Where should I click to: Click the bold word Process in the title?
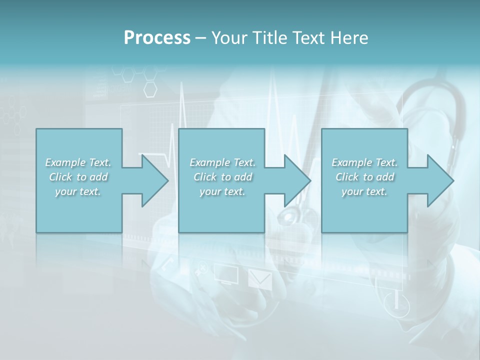point(157,38)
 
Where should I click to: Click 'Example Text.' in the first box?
point(78,162)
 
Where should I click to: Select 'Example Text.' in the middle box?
point(222,162)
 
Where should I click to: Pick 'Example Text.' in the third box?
point(364,162)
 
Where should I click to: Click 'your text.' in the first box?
point(78,191)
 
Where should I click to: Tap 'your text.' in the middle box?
point(222,191)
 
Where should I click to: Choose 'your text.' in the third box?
point(364,191)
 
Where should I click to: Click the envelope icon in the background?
point(260,279)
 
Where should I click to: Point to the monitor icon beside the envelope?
point(226,274)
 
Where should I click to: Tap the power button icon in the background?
point(396,303)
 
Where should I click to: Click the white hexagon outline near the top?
point(150,89)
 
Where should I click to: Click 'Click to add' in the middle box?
point(222,177)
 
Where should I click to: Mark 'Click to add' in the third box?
point(364,177)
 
